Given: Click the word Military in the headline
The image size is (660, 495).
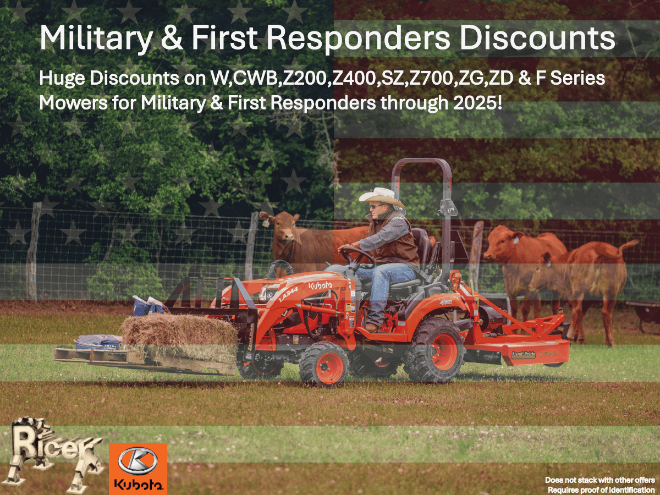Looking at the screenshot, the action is tap(96, 38).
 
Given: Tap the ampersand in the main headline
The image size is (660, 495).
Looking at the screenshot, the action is tap(172, 37).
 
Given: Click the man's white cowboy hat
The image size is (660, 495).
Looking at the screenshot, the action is tap(382, 197).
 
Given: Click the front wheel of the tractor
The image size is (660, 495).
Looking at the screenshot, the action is tap(323, 364).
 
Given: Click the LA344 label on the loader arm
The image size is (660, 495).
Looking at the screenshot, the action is tap(288, 294).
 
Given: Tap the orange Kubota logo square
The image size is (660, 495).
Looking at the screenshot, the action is tap(137, 469).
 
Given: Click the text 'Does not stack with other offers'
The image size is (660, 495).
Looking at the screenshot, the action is tap(599, 480).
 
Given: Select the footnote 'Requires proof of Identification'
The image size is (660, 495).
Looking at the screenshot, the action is tap(601, 490).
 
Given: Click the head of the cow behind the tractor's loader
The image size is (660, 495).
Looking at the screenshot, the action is tap(280, 226).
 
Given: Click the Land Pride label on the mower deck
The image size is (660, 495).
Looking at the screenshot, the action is tap(524, 355).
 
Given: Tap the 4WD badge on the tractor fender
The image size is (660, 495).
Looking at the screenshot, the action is tap(446, 302).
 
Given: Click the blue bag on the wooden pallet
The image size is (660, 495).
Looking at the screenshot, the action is tap(98, 342).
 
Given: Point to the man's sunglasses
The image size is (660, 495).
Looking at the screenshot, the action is tap(375, 206).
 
